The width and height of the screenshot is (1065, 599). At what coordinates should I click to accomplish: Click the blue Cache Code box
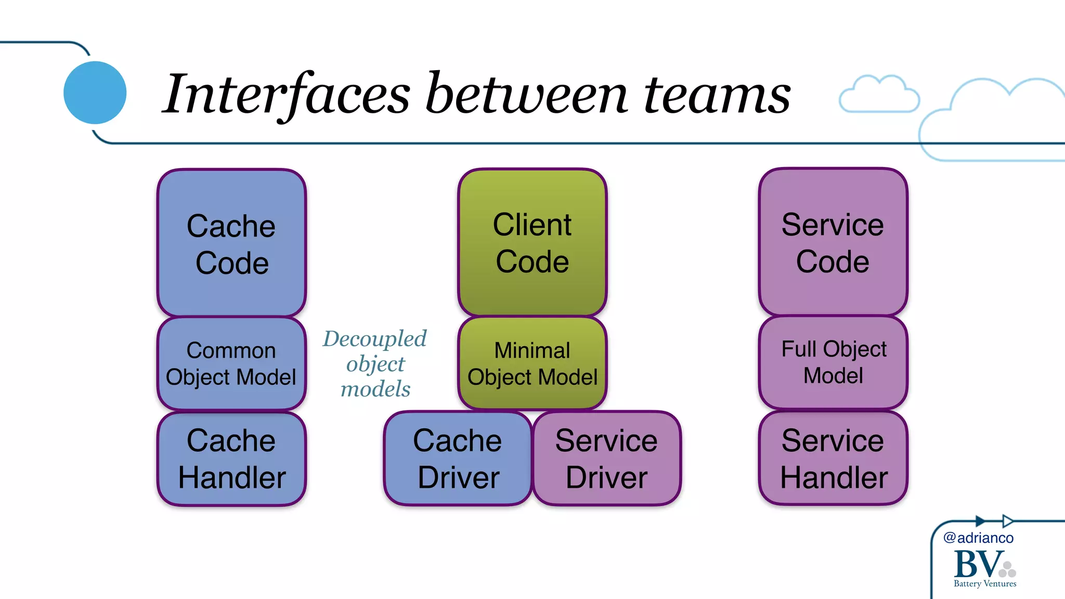tap(231, 243)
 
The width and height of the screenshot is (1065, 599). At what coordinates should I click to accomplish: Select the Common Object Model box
tap(231, 363)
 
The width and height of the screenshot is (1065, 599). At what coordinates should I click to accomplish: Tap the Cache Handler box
tap(231, 458)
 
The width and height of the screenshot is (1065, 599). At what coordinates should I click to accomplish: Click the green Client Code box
tap(532, 242)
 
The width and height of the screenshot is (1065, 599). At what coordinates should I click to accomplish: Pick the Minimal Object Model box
tap(532, 363)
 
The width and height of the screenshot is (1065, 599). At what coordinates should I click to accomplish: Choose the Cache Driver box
tap(458, 458)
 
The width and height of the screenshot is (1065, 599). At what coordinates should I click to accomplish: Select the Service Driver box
tap(606, 458)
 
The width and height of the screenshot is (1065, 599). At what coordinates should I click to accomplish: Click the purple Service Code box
tap(833, 242)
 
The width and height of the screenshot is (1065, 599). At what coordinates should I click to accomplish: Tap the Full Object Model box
tap(833, 362)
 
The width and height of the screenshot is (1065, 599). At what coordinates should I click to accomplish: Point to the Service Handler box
tap(833, 458)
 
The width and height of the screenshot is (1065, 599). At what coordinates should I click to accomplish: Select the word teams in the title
tap(717, 95)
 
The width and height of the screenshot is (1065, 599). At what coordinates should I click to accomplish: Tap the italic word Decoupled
tap(374, 338)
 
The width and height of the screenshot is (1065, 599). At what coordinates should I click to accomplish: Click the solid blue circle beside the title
tap(95, 93)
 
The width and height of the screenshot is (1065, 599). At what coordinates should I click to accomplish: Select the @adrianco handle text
tap(978, 538)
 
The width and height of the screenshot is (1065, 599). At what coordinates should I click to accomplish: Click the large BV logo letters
tap(978, 564)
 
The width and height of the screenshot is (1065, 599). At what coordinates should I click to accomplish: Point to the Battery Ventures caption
tap(984, 584)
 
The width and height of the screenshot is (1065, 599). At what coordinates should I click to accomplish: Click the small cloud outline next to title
tap(879, 95)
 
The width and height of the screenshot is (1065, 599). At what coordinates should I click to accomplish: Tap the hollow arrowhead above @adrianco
tap(1008, 520)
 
